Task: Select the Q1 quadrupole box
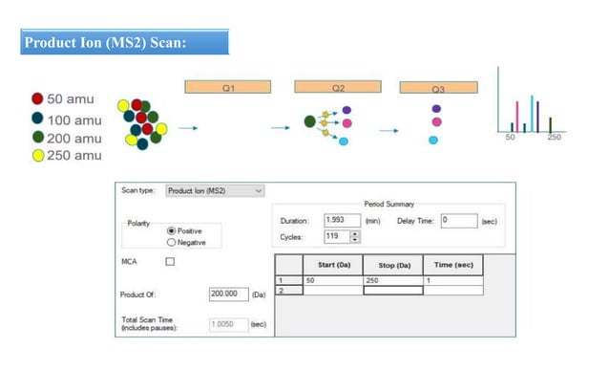click(229, 87)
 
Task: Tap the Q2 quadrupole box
click(338, 87)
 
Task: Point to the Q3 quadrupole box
click(438, 88)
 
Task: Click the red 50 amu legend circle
click(37, 98)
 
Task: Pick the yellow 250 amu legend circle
click(37, 156)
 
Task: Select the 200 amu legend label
click(74, 138)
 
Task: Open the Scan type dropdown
click(214, 190)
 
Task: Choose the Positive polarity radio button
click(171, 230)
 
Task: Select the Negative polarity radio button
click(171, 242)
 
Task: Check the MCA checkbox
click(171, 261)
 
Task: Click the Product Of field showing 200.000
click(228, 294)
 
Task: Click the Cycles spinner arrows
click(355, 236)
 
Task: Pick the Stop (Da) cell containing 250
click(393, 281)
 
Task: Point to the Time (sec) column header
click(453, 265)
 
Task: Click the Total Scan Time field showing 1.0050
click(228, 324)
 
